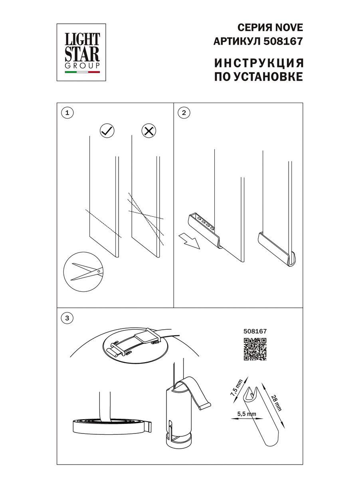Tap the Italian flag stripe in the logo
[83, 73]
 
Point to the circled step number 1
[67, 113]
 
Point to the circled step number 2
[184, 113]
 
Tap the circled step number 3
[67, 318]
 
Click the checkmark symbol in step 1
[107, 131]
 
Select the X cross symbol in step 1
[149, 131]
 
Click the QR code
[255, 349]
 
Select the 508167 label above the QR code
[255, 331]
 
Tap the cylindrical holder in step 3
[178, 415]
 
